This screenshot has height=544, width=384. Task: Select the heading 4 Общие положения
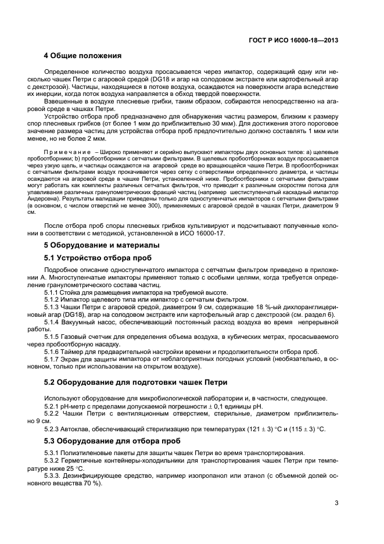click(x=82, y=56)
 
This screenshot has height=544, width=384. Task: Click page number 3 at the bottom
click(x=336, y=503)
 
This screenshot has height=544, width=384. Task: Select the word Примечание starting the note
click(x=63, y=152)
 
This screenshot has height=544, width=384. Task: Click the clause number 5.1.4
click(x=53, y=320)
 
